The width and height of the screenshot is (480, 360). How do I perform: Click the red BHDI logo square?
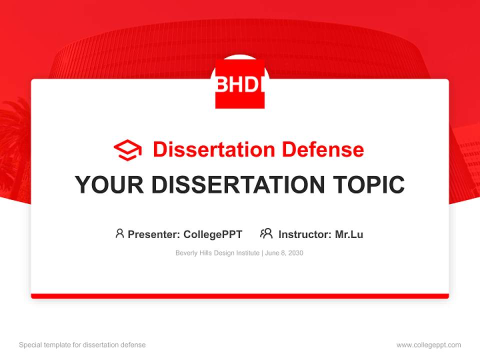coord(240,84)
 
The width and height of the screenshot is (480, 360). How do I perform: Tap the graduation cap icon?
coord(127,150)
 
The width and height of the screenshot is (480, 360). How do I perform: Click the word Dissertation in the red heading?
coord(214,149)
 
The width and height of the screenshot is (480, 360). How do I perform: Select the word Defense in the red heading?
coord(323,149)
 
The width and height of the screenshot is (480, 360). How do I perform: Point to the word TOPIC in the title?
coord(369,184)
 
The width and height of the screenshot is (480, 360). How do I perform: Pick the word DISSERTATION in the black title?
coord(238,184)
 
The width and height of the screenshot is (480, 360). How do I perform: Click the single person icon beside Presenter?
coord(119,233)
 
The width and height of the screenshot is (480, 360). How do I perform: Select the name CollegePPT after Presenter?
coord(213,234)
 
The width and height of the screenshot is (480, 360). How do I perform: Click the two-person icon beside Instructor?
coord(266,233)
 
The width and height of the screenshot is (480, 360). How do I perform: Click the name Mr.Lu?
coord(349,234)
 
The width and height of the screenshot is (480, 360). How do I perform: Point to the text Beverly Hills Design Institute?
coord(217,253)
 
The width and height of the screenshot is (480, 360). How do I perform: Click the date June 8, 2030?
coord(284,253)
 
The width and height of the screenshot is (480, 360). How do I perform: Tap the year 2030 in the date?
coord(295,253)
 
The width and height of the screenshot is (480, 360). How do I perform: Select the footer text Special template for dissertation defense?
coord(82,344)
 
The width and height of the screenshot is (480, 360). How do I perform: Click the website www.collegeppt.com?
coord(428,345)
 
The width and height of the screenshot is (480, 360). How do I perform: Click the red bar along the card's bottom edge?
coord(240,296)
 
